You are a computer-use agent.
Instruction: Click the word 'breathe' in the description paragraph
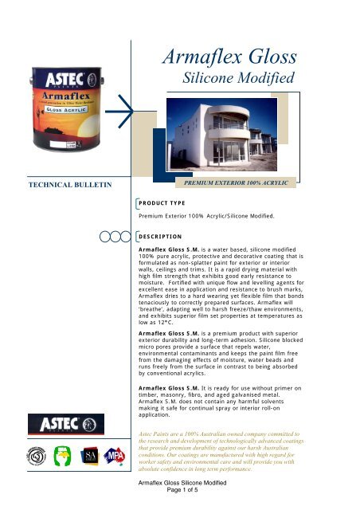(155, 320)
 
